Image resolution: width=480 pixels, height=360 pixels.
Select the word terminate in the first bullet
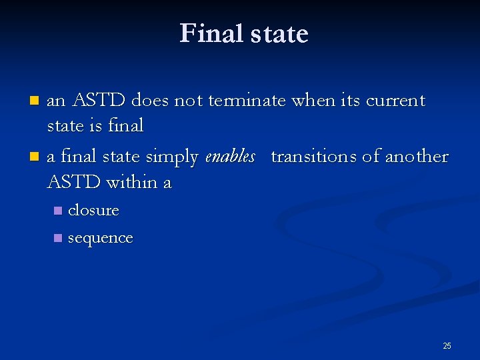coord(247,101)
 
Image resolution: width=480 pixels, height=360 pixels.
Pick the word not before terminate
coord(188,101)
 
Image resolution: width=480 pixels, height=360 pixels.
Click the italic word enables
coord(230,157)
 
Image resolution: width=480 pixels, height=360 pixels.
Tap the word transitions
coord(313,157)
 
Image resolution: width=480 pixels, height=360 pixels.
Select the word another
coord(417,157)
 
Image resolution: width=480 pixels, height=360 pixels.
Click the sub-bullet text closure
coord(93,210)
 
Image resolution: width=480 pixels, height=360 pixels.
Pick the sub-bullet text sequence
coord(101,238)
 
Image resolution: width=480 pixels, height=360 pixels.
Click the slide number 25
coord(447,345)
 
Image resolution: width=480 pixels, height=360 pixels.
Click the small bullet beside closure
coord(58,211)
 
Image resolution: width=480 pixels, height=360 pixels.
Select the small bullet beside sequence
coord(58,239)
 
